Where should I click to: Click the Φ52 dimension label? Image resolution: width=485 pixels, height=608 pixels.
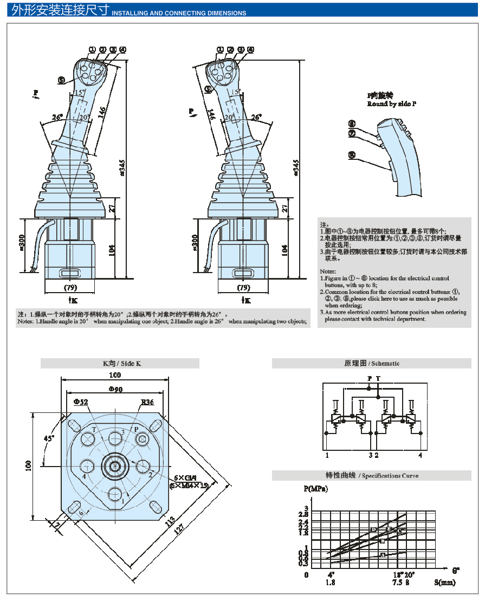80,402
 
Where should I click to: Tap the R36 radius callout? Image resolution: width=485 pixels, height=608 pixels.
147,402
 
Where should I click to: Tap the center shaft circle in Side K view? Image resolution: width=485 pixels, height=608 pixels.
114,465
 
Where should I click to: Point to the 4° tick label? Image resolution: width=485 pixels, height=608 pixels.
331,574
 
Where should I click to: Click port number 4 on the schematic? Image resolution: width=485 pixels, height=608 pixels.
420,455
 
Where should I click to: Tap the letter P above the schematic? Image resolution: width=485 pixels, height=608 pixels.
369,378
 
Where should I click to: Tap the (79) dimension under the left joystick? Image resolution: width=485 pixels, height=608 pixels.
70,287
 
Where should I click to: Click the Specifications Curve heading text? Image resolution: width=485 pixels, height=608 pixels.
390,476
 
